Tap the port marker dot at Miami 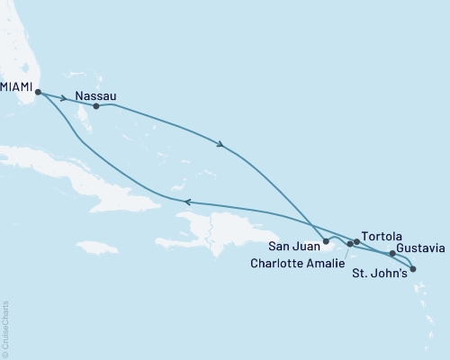(x=37, y=91)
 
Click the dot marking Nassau (x=95, y=106)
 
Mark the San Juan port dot (x=326, y=242)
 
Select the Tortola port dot (x=357, y=241)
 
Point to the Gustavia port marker (x=392, y=254)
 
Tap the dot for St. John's (x=412, y=268)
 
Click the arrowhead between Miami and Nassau (x=63, y=98)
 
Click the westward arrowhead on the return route (x=187, y=202)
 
